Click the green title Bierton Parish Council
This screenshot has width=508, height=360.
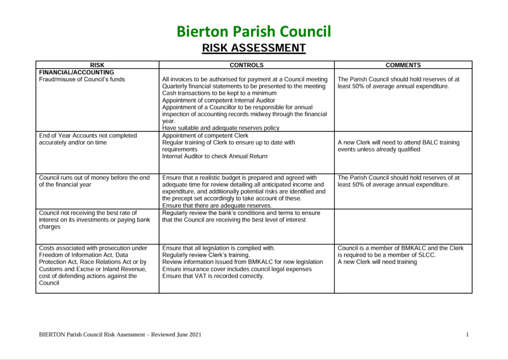(254, 31)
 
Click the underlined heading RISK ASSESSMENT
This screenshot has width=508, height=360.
(254, 48)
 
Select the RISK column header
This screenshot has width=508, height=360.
(97, 65)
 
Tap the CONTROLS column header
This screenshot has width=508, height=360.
(247, 65)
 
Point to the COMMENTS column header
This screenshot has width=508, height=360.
(403, 65)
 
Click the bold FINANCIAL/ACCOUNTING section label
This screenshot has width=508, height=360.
(76, 72)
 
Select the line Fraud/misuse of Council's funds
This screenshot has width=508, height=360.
(82, 79)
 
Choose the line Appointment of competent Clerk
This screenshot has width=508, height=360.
(205, 136)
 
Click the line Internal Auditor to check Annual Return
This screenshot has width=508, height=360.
(215, 156)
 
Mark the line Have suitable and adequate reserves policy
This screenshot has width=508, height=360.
(221, 128)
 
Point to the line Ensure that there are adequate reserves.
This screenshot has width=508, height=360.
(217, 206)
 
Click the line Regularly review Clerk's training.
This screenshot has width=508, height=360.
(206, 255)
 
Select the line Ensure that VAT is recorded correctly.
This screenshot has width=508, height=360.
(213, 276)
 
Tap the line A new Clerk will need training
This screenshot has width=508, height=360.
(377, 262)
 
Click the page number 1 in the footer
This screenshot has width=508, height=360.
(467, 335)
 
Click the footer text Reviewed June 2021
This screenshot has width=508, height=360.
(180, 335)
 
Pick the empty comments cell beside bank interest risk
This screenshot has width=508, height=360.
(403, 226)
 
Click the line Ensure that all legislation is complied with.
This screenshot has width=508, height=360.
(218, 248)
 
